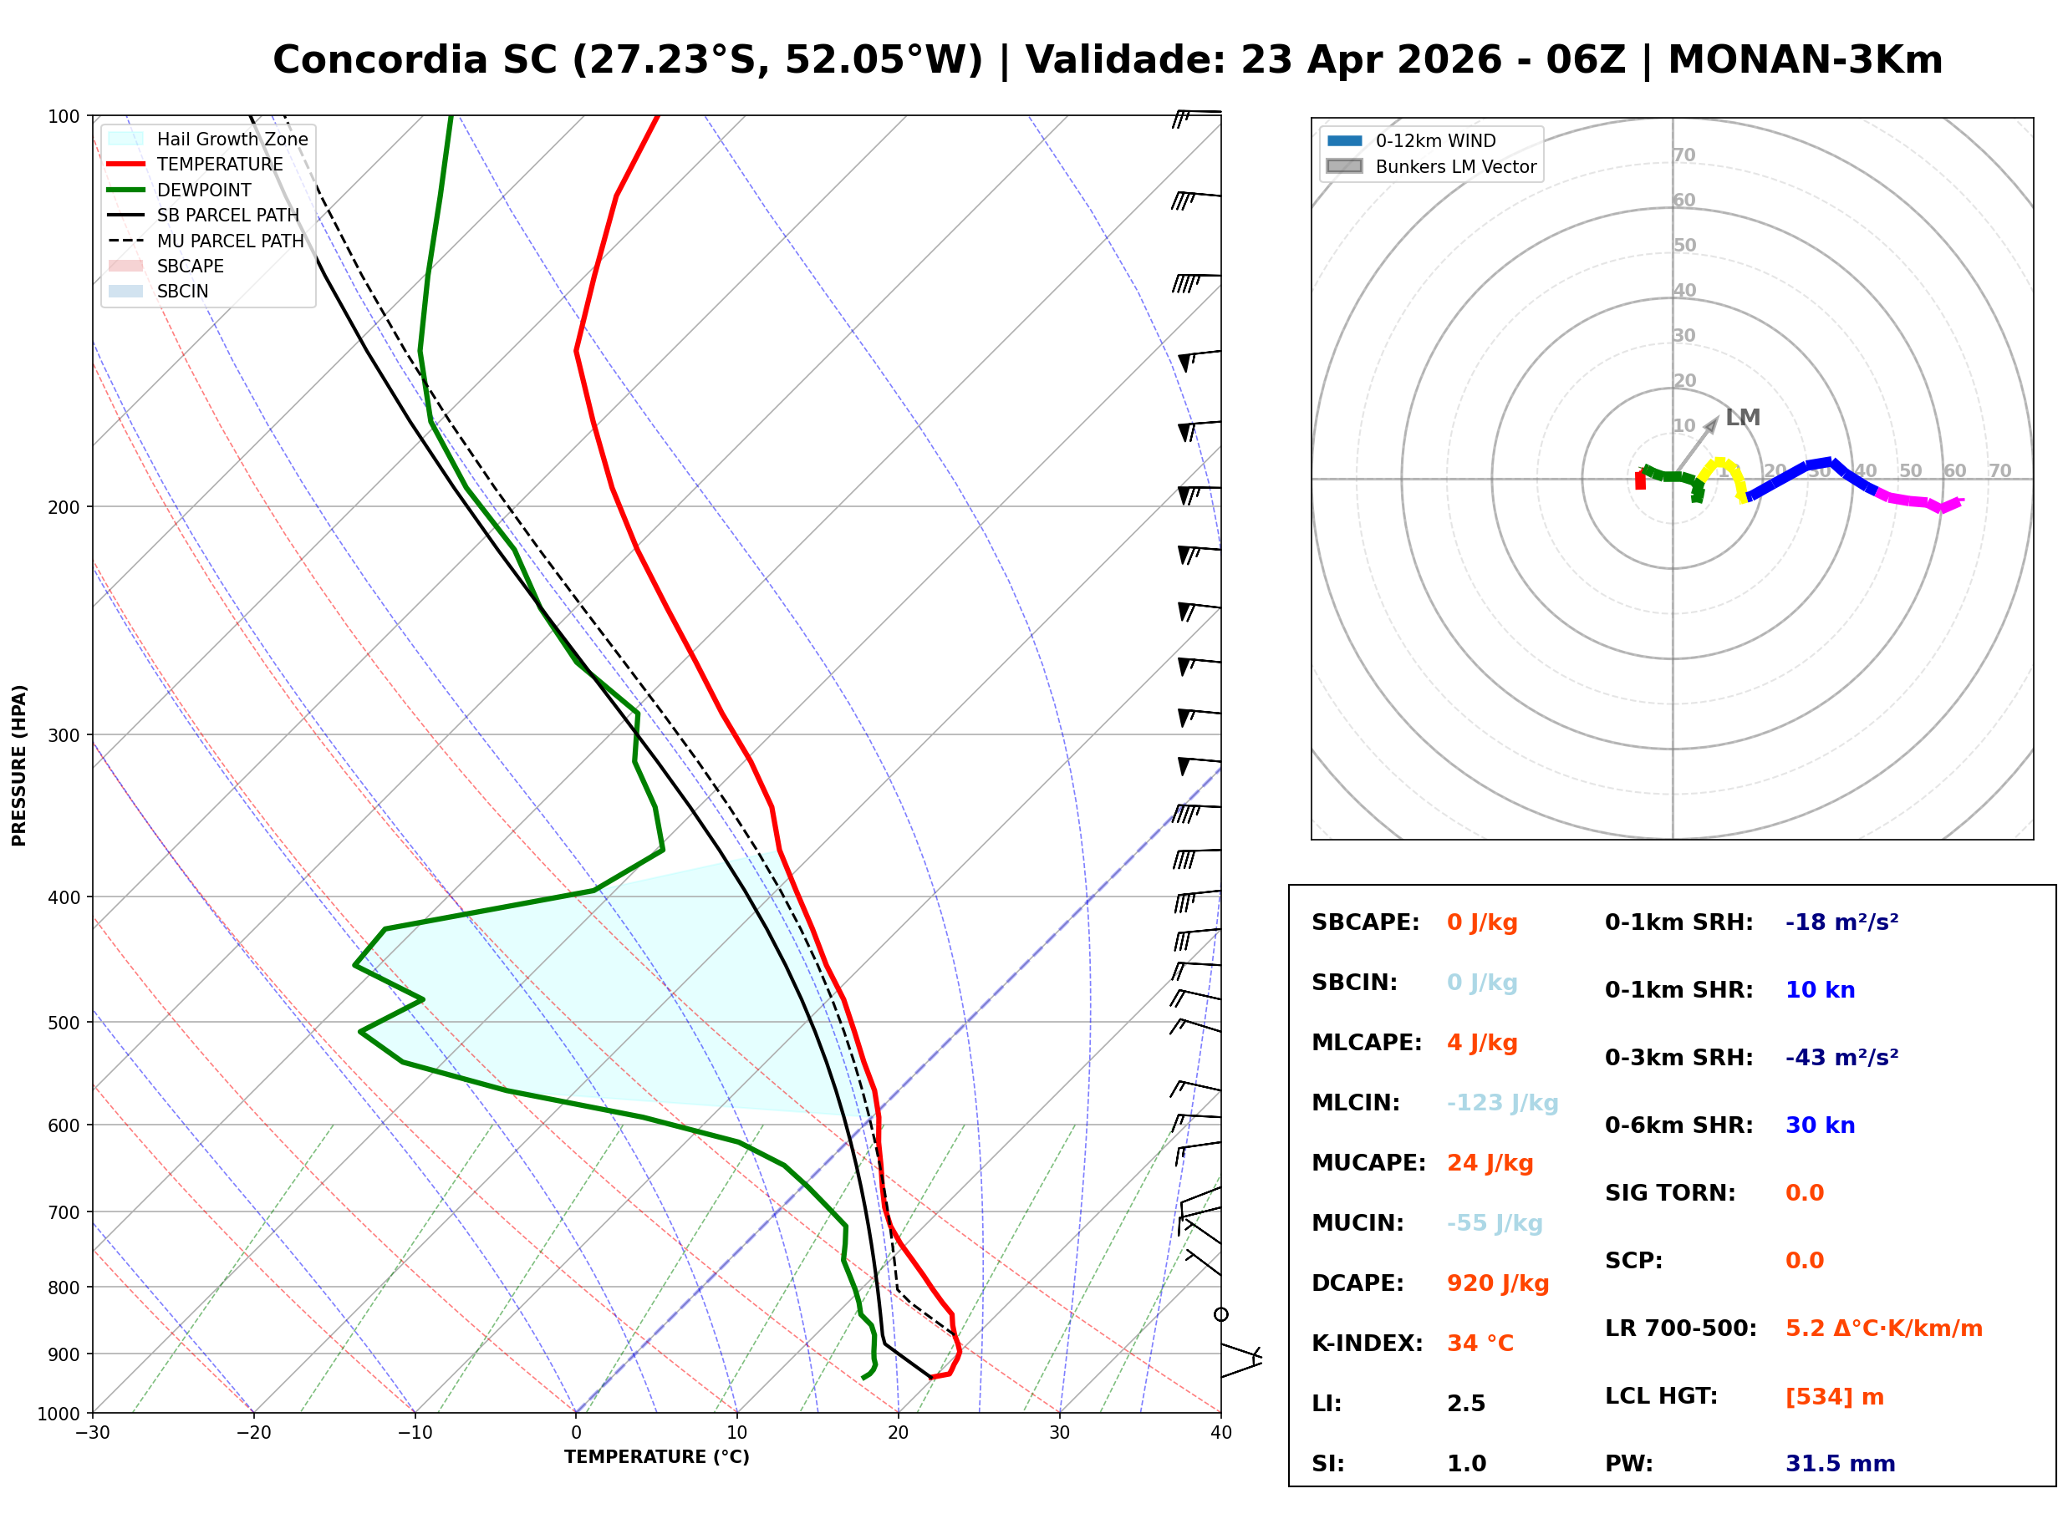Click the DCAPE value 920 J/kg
1497,1283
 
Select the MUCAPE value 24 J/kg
1490,1162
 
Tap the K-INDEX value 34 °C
1480,1343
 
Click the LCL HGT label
1661,1395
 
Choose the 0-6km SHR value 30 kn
1820,1125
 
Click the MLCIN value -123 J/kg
1502,1102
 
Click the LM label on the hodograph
1742,418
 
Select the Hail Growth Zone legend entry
232,139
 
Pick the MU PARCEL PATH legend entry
230,241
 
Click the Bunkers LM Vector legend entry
1455,166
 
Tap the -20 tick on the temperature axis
253,1433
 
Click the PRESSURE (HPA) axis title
19,765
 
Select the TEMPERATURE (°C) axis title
656,1457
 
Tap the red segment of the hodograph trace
1639,480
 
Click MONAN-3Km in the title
1804,60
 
